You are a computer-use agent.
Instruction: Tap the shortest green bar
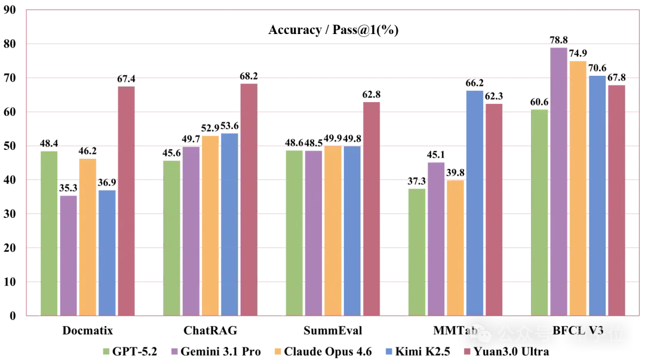416,251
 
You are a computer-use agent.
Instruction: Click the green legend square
105,351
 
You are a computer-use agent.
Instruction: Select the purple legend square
174,351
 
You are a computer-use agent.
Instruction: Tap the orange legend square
277,351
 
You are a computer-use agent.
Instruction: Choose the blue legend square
389,351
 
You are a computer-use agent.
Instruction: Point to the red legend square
467,352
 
